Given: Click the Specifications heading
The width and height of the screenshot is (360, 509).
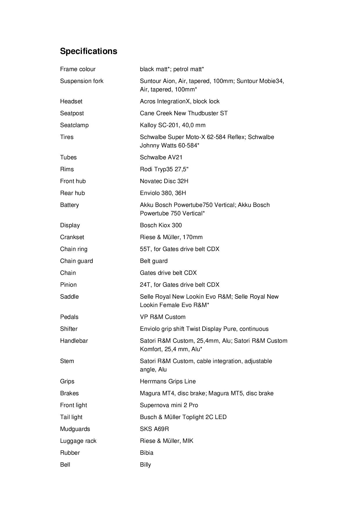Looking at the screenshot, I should point(89,51).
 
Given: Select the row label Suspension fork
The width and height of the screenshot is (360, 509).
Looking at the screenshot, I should point(82,81).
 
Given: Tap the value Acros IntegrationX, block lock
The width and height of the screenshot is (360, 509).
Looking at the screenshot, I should point(179,101).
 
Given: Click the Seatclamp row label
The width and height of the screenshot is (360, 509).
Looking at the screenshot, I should point(74,125).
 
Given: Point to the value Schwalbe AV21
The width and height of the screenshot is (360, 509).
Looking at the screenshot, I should point(161,157).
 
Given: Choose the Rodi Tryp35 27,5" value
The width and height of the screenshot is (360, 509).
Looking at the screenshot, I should point(164,169).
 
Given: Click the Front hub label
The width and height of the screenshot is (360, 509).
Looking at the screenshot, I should point(73,181).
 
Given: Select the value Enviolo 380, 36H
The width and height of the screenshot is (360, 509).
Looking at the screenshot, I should point(163,193).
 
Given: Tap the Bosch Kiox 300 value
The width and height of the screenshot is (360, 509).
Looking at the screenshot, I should point(161,225).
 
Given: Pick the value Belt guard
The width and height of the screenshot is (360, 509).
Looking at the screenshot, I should point(154,261).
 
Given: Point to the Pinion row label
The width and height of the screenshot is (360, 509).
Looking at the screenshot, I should point(68,285).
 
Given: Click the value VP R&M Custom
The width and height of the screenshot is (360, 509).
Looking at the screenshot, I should point(163,317).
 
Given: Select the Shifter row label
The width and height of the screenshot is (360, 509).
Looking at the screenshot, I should point(69,329).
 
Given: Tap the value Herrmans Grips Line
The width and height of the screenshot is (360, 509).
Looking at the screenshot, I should point(168,381).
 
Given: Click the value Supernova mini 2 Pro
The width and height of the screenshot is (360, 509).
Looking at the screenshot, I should point(169,405).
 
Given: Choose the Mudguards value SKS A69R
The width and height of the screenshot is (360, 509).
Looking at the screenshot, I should point(154,429).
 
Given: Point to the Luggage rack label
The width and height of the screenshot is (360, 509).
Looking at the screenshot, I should point(78,441).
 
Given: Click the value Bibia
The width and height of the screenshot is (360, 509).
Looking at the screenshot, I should point(147,453).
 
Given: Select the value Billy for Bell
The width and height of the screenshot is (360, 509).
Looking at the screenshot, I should point(145,465).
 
